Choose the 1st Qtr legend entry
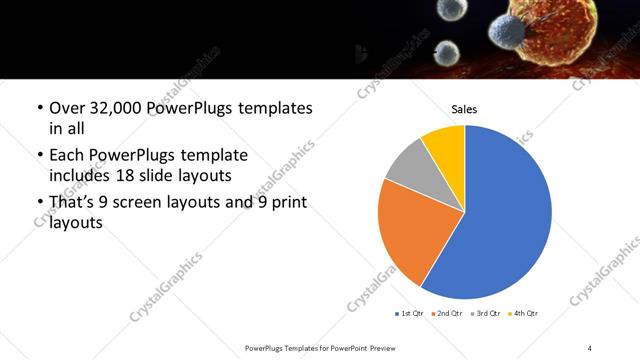point(410,314)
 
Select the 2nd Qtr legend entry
point(447,314)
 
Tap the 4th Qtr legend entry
point(523,314)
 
